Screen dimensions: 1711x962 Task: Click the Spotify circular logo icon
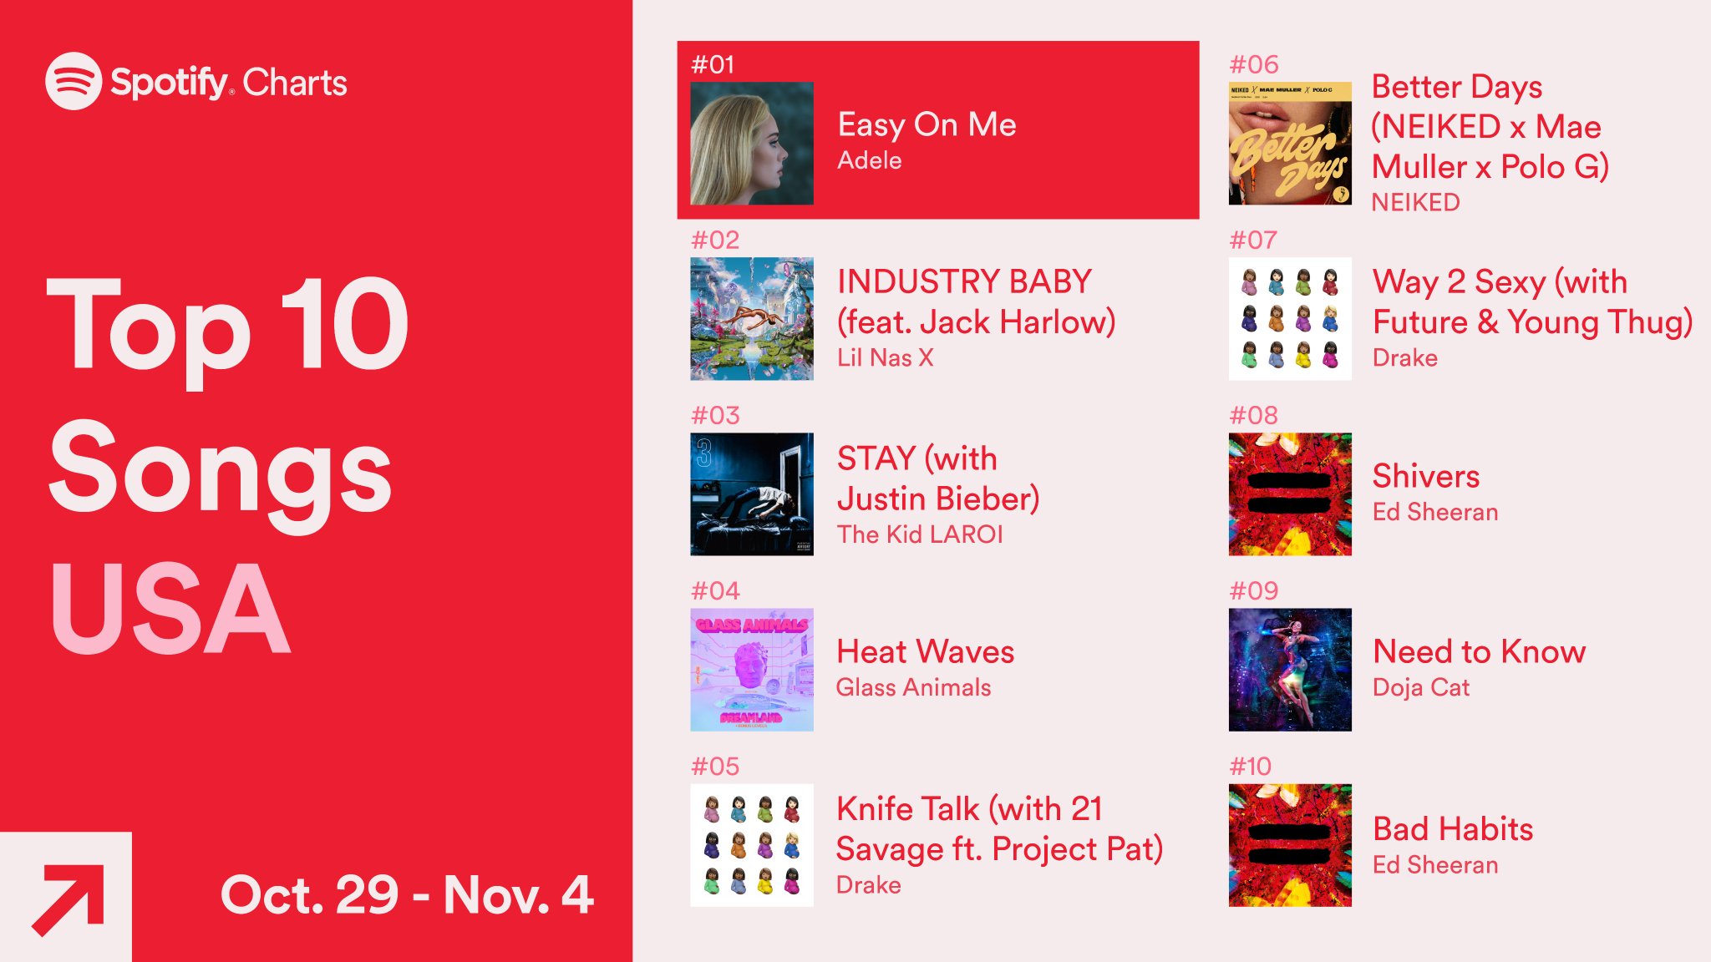pos(74,81)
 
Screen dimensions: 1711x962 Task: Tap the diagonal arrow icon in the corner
pos(68,900)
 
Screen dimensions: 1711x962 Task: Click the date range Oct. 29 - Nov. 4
pos(407,894)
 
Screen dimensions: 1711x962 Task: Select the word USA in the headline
pos(170,609)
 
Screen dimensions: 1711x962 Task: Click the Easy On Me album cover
pos(752,144)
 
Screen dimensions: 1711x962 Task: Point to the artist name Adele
pos(870,160)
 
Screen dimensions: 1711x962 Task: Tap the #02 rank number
pos(715,240)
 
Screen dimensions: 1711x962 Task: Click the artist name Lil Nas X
pos(886,357)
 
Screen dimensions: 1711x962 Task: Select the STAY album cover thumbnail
pos(752,494)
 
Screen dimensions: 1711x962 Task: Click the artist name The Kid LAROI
pos(920,534)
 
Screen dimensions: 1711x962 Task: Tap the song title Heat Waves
pos(926,651)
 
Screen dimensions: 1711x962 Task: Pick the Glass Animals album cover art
pos(752,670)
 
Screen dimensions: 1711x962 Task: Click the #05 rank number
pos(715,767)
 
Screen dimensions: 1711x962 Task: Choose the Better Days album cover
pos(1290,144)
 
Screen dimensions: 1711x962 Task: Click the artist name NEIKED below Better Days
pos(1416,202)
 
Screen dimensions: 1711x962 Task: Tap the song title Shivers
pos(1426,476)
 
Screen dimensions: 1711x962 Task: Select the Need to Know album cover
pos(1290,670)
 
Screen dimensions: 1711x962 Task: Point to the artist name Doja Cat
pos(1421,687)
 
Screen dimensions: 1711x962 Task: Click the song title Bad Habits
pos(1454,829)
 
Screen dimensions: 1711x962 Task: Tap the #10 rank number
pos(1251,767)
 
